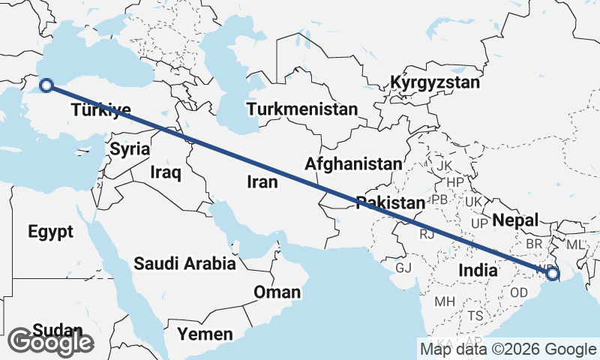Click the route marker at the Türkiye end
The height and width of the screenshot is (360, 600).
46,85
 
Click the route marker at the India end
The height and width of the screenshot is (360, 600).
553,274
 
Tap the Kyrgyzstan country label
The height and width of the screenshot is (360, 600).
435,82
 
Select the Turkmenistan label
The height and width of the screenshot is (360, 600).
301,109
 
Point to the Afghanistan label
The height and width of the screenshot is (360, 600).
353,163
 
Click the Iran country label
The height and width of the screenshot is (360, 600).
262,181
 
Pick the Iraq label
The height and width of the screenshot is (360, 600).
166,172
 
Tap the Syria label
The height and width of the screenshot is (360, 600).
130,149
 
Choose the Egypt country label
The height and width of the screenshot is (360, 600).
51,232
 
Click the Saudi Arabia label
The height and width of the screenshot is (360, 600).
184,264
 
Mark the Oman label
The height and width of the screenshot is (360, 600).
277,292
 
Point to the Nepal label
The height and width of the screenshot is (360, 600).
516,220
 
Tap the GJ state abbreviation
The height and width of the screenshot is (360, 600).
404,268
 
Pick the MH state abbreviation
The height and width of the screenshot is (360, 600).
445,301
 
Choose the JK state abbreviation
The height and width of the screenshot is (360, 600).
445,165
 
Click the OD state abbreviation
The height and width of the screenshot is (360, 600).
519,291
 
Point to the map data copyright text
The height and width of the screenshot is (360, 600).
508,349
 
